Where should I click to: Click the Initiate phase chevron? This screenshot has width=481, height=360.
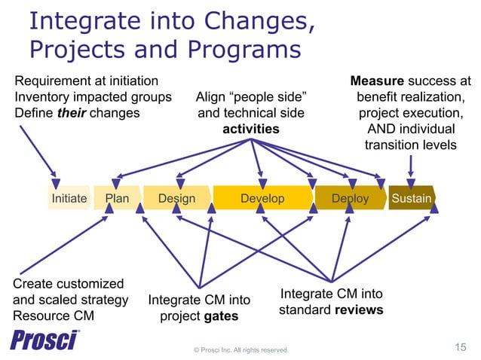(x=68, y=199)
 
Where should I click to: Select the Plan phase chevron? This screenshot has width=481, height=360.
(x=117, y=199)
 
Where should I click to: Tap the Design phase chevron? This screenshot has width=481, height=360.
(x=176, y=199)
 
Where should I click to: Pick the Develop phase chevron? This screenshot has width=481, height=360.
(x=262, y=199)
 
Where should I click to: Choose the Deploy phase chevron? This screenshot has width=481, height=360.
(x=350, y=199)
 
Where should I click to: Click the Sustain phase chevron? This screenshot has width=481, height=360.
(x=411, y=199)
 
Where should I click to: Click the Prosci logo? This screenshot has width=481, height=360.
(x=45, y=340)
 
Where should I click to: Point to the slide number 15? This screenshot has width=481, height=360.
(x=461, y=346)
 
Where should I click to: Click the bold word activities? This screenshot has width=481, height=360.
(x=250, y=129)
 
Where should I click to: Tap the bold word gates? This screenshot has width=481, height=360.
(x=221, y=316)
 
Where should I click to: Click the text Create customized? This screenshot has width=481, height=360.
(x=68, y=283)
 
